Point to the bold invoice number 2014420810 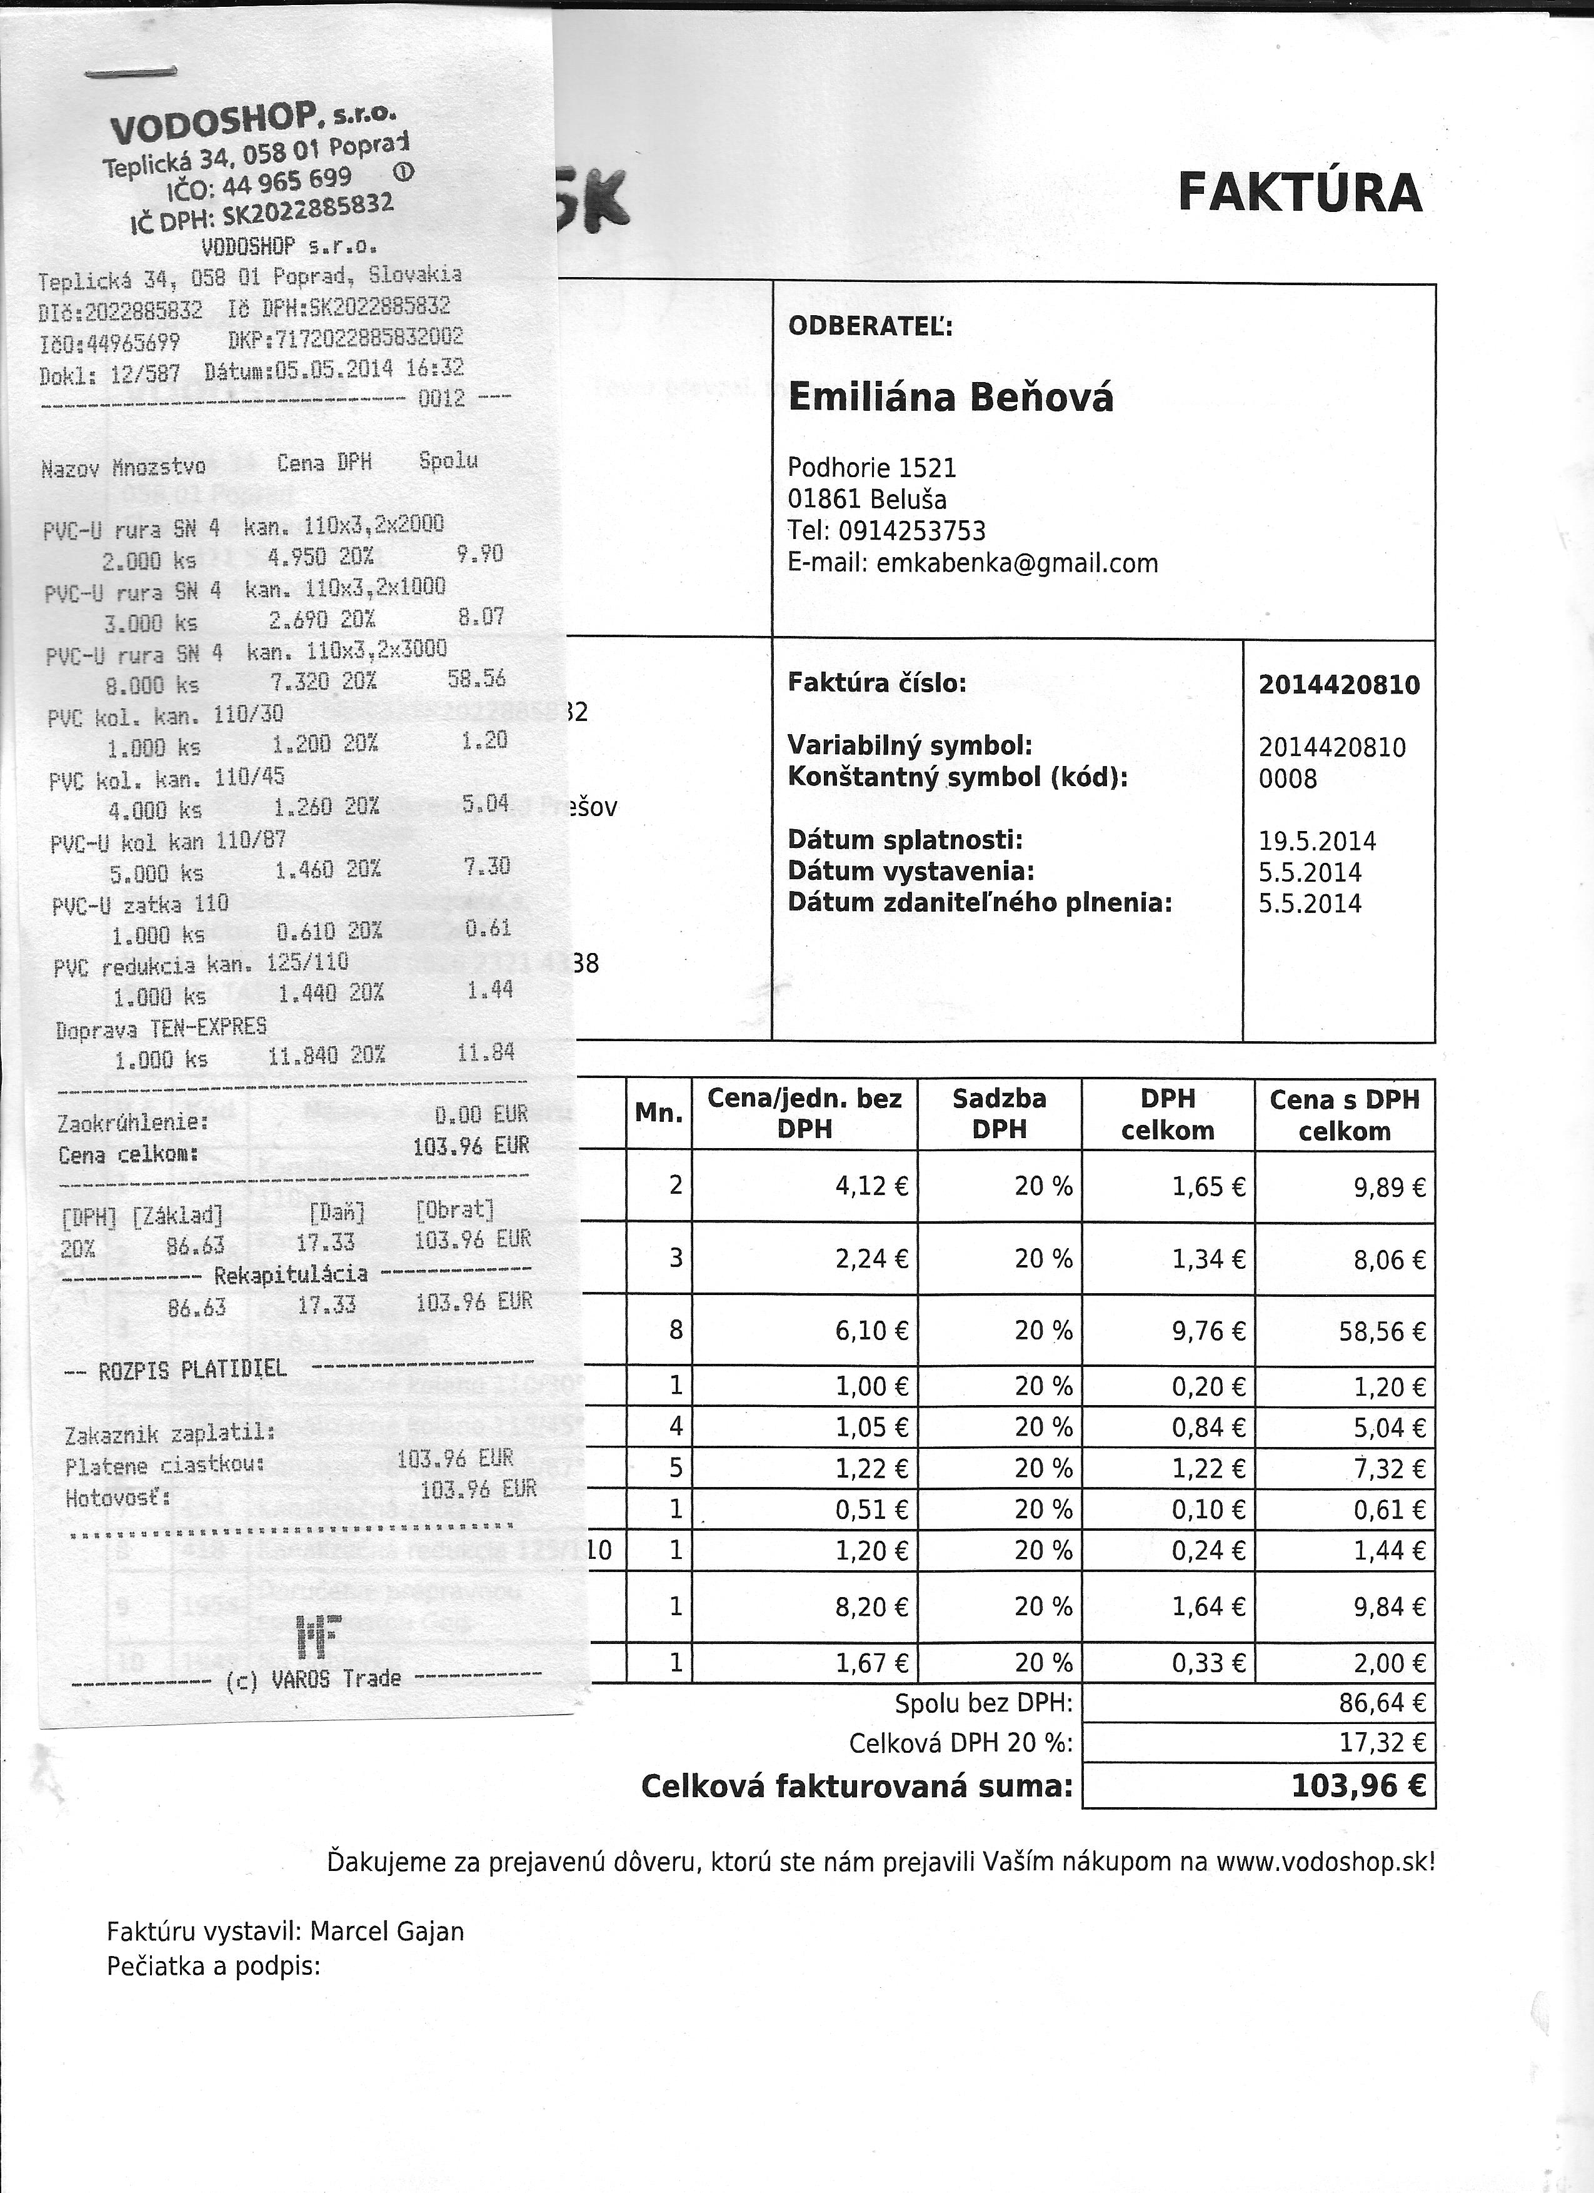coord(1338,685)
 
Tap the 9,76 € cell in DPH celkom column coord(1207,1333)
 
